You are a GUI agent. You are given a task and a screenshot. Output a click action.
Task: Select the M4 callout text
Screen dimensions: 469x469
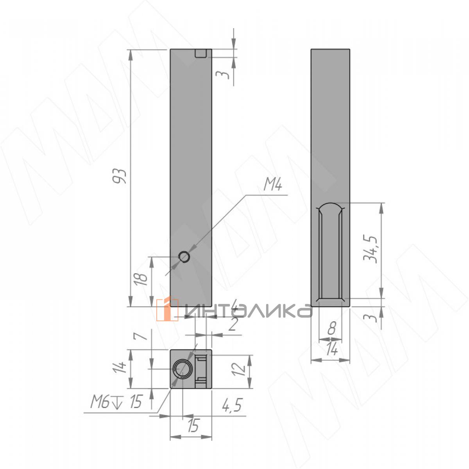tap(272, 186)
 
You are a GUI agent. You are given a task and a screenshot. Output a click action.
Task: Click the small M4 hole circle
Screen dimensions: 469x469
tap(184, 257)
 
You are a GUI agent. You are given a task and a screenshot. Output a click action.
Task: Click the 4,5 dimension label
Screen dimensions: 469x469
tap(232, 405)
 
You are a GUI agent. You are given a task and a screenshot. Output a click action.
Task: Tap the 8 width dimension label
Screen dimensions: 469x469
tap(331, 328)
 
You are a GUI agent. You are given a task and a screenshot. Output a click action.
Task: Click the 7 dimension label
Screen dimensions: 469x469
tap(143, 336)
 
